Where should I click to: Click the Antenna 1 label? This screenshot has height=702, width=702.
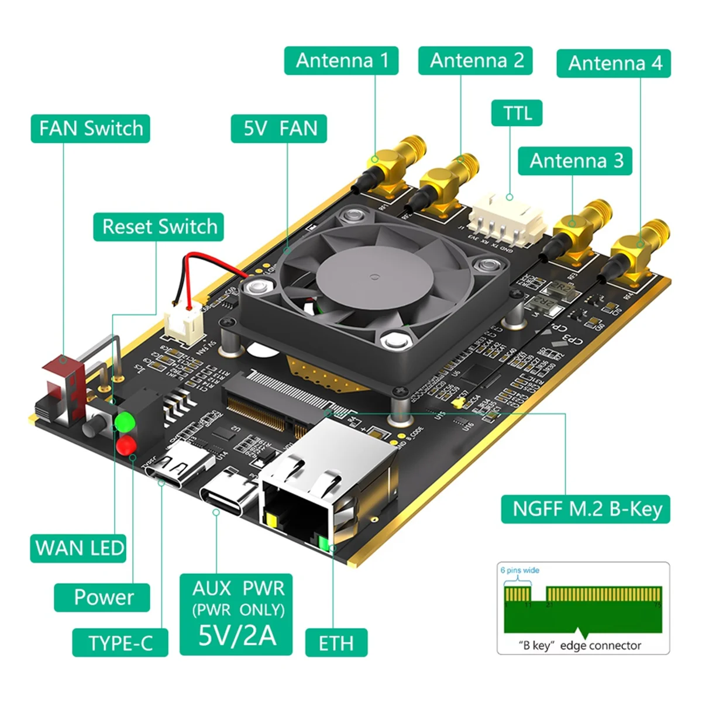point(341,61)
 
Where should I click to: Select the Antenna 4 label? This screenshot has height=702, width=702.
point(614,63)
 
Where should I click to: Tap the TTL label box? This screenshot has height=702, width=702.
point(516,113)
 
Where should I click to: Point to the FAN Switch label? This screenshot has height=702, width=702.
point(91,129)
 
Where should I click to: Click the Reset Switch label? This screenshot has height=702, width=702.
point(159,227)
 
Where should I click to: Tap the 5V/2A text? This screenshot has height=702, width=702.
point(236,635)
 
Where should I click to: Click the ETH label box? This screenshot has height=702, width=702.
point(336,643)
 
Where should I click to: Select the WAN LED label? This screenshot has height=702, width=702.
point(78,548)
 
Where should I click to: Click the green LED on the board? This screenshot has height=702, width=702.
point(125,421)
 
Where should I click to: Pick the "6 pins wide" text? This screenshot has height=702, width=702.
point(519,570)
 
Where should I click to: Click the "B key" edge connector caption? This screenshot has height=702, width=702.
point(580,646)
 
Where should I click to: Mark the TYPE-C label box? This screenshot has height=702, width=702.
point(120,643)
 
